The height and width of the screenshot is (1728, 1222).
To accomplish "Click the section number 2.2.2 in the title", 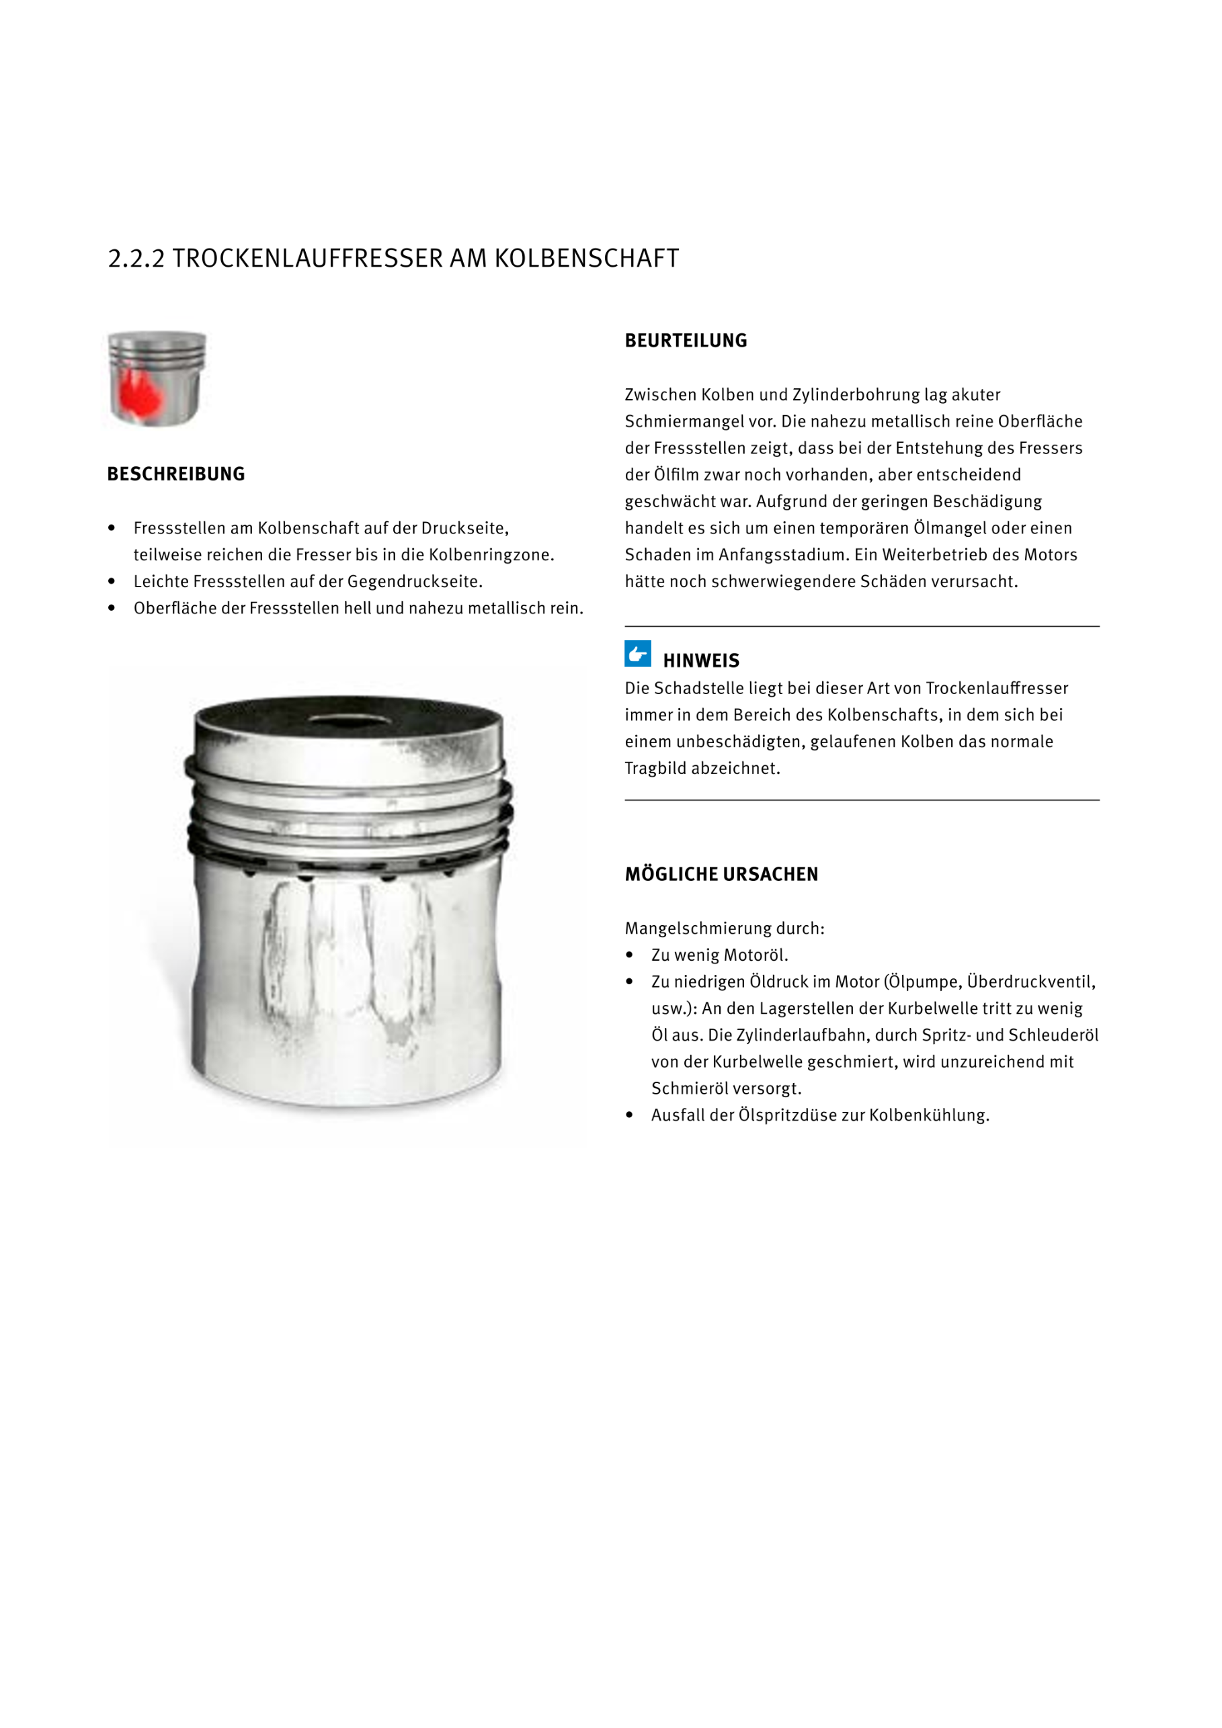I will (x=136, y=258).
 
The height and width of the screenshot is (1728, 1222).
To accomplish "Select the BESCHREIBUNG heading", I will (x=176, y=474).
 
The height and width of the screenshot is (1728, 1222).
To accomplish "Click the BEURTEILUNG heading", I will (x=685, y=341).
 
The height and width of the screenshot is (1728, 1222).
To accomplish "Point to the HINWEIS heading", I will (x=701, y=661).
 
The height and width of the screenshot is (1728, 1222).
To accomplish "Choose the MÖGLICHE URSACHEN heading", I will (x=721, y=874).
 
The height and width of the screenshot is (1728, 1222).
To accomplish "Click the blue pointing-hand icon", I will (x=638, y=653).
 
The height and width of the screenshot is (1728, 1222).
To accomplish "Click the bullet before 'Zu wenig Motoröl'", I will (x=629, y=955).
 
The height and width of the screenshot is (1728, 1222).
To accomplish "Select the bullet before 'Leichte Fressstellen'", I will (x=112, y=582).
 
